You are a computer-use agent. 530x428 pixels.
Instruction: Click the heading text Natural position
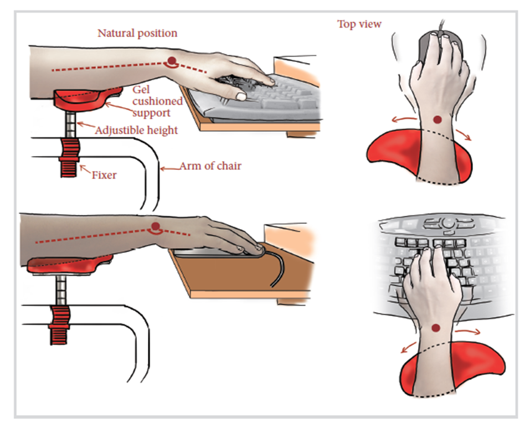137,33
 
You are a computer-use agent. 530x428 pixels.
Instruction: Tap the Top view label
359,24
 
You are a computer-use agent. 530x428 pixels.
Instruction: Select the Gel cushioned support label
157,102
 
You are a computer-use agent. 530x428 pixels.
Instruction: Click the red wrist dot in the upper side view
172,60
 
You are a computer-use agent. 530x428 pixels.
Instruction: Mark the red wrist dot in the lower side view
156,226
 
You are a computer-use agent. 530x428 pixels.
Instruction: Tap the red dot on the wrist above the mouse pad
438,119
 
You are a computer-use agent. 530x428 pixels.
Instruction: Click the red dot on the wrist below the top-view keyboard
436,328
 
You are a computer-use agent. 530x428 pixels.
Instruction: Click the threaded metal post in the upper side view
70,125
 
